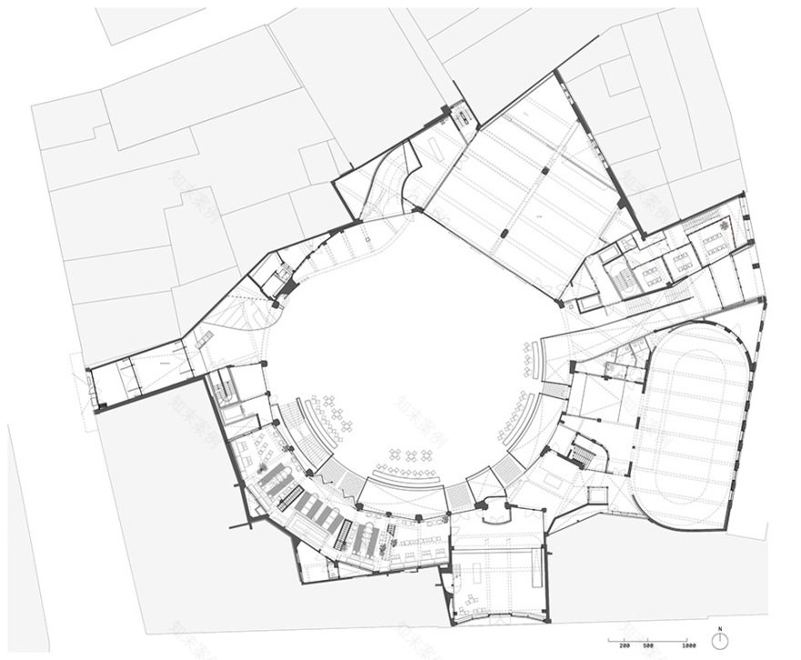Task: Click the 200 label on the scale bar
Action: pyautogui.click(x=624, y=645)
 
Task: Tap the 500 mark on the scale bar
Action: pyautogui.click(x=648, y=645)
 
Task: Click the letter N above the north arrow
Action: pyautogui.click(x=720, y=628)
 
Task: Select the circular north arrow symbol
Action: pyautogui.click(x=720, y=641)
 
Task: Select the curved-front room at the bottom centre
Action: pyautogui.click(x=496, y=583)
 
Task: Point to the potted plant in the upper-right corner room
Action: pyautogui.click(x=725, y=225)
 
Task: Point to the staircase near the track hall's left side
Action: pyautogui.click(x=581, y=451)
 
